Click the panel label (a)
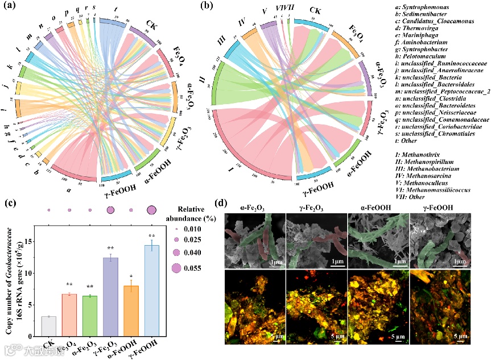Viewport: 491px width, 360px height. pos(9,7)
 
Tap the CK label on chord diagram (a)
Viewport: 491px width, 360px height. pos(151,24)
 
